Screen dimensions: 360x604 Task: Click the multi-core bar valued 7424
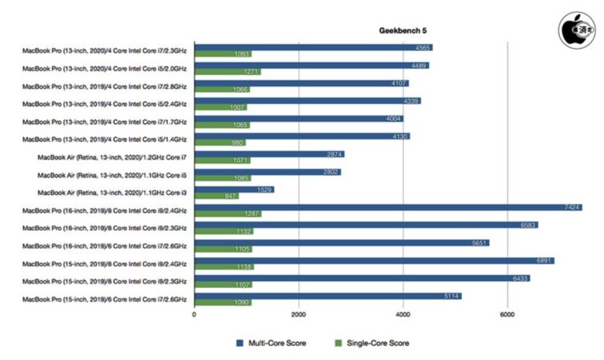pyautogui.click(x=388, y=207)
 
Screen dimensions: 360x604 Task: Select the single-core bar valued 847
pyautogui.click(x=216, y=196)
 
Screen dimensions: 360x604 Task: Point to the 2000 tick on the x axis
pyautogui.click(x=298, y=314)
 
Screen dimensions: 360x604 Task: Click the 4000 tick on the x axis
pyautogui.click(x=402, y=314)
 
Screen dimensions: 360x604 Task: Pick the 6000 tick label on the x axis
pyautogui.click(x=506, y=314)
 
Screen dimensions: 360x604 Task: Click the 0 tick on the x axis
pyautogui.click(x=194, y=314)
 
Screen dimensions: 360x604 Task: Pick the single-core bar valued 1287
pyautogui.click(x=228, y=214)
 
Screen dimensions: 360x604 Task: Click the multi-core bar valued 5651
pyautogui.click(x=341, y=242)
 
